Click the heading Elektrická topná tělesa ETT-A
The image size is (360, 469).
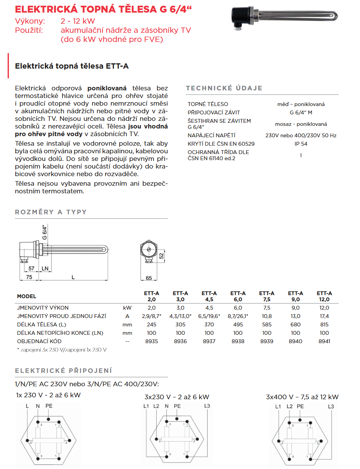[x=72, y=66]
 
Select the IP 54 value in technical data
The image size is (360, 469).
[x=301, y=144]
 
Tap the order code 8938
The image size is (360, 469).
[x=238, y=341]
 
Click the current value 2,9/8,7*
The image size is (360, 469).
[x=152, y=316]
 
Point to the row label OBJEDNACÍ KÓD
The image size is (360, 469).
[x=39, y=341]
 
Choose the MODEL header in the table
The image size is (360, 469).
[x=27, y=296]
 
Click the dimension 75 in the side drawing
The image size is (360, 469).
[x=29, y=278]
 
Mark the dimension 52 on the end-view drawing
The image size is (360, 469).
[x=161, y=255]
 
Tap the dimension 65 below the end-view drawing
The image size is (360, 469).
[x=149, y=278]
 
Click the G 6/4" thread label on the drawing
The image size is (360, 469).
[x=45, y=232]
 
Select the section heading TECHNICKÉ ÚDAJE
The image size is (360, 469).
[x=224, y=88]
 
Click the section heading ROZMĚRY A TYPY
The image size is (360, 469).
[x=51, y=212]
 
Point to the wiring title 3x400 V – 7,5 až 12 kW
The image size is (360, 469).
[x=302, y=397]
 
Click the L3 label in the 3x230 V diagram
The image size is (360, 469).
[x=207, y=406]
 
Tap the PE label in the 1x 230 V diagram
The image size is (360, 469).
[x=49, y=406]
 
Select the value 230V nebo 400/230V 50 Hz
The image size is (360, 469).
[x=301, y=135]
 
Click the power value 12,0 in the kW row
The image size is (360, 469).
[x=324, y=308]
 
